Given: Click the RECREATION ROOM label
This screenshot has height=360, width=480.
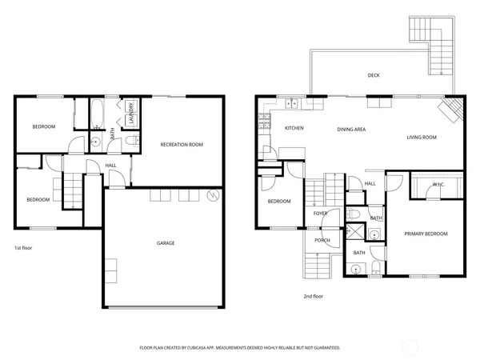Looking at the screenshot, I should pos(182,144).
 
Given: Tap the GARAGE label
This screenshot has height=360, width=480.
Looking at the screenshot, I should pos(166,243).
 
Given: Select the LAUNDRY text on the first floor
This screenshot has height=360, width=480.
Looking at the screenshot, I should pos(130,114).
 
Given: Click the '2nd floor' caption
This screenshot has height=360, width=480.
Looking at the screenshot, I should pos(313,296).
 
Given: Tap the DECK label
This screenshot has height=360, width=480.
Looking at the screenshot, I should pos(374,76).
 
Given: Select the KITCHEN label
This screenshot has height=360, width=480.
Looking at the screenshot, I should pos(293,128).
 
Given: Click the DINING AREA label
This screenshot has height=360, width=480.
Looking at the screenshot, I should pos(351,128).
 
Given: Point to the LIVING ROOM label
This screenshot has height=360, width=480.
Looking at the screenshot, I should pos(422,138).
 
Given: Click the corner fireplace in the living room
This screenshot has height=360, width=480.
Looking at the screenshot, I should pos(453,108).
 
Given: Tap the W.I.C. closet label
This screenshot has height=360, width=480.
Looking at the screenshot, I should pos(438,186).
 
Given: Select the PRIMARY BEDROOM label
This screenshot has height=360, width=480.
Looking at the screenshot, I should pos(426,234).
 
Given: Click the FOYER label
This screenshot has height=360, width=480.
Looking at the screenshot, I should pos(320,214).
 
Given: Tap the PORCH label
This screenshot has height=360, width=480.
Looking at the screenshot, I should pos(322,240).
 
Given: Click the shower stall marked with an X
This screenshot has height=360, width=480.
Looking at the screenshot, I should pos(374,234).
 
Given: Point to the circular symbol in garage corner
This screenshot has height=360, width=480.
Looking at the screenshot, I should pos(212,196).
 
